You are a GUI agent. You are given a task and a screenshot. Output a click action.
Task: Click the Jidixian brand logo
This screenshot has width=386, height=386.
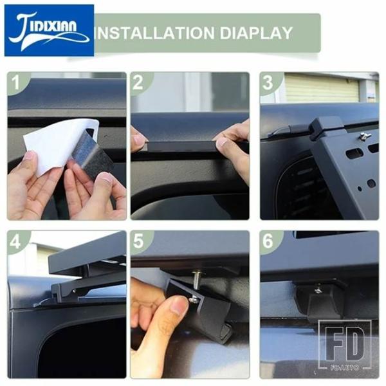[x=49, y=30]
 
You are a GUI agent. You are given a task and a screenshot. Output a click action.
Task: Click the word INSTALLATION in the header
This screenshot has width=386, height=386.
[x=154, y=33]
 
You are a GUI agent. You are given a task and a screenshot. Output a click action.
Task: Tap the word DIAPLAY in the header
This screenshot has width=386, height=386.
[x=256, y=33]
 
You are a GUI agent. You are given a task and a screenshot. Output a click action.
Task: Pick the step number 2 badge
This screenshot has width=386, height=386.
[x=138, y=82]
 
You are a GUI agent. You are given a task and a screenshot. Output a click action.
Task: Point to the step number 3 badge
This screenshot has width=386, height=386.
[x=268, y=82]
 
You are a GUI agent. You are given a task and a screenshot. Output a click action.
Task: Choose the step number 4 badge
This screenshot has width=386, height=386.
[x=15, y=241]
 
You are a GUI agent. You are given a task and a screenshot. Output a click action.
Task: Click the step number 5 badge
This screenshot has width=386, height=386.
[x=138, y=241]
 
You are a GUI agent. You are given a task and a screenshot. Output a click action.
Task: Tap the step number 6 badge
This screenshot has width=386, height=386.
[x=268, y=241]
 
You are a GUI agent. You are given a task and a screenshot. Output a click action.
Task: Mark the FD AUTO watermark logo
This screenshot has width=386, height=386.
[x=345, y=345]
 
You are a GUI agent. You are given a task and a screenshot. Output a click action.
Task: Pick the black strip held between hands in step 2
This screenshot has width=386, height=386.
[x=181, y=146]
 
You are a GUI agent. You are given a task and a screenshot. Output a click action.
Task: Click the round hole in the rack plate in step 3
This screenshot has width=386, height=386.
[x=371, y=183]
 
